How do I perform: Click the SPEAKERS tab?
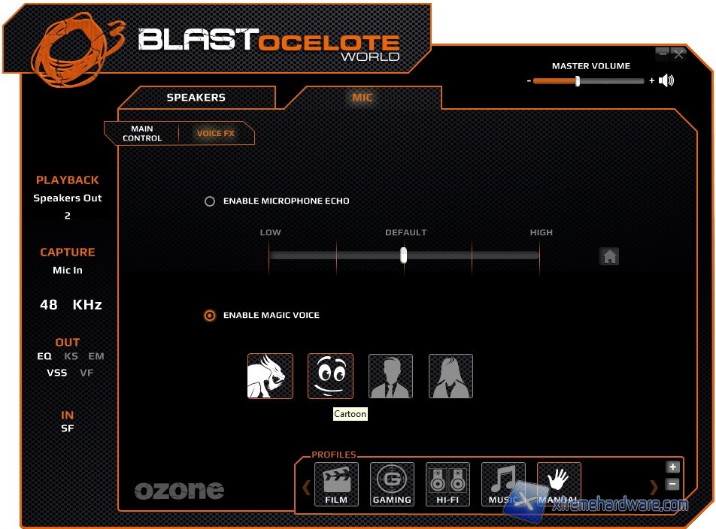point(196,98)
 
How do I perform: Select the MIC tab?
point(363,98)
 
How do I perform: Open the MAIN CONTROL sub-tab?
point(142,134)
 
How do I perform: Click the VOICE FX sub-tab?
point(216,134)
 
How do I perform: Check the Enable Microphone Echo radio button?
point(210,201)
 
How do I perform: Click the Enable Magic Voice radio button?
point(210,316)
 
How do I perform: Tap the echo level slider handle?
point(404,255)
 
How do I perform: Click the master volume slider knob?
point(578,81)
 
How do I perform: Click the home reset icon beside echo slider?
point(609,256)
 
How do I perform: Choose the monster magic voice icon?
point(270,376)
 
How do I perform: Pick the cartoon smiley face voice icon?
point(330,376)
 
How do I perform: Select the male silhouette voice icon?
point(390,376)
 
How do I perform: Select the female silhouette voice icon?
point(451,376)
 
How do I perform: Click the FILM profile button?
point(336,485)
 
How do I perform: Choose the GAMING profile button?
point(392,485)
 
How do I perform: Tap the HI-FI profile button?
point(447,485)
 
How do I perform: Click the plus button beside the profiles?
point(673,467)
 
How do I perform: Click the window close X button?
point(679,54)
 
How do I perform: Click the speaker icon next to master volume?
point(666,81)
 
